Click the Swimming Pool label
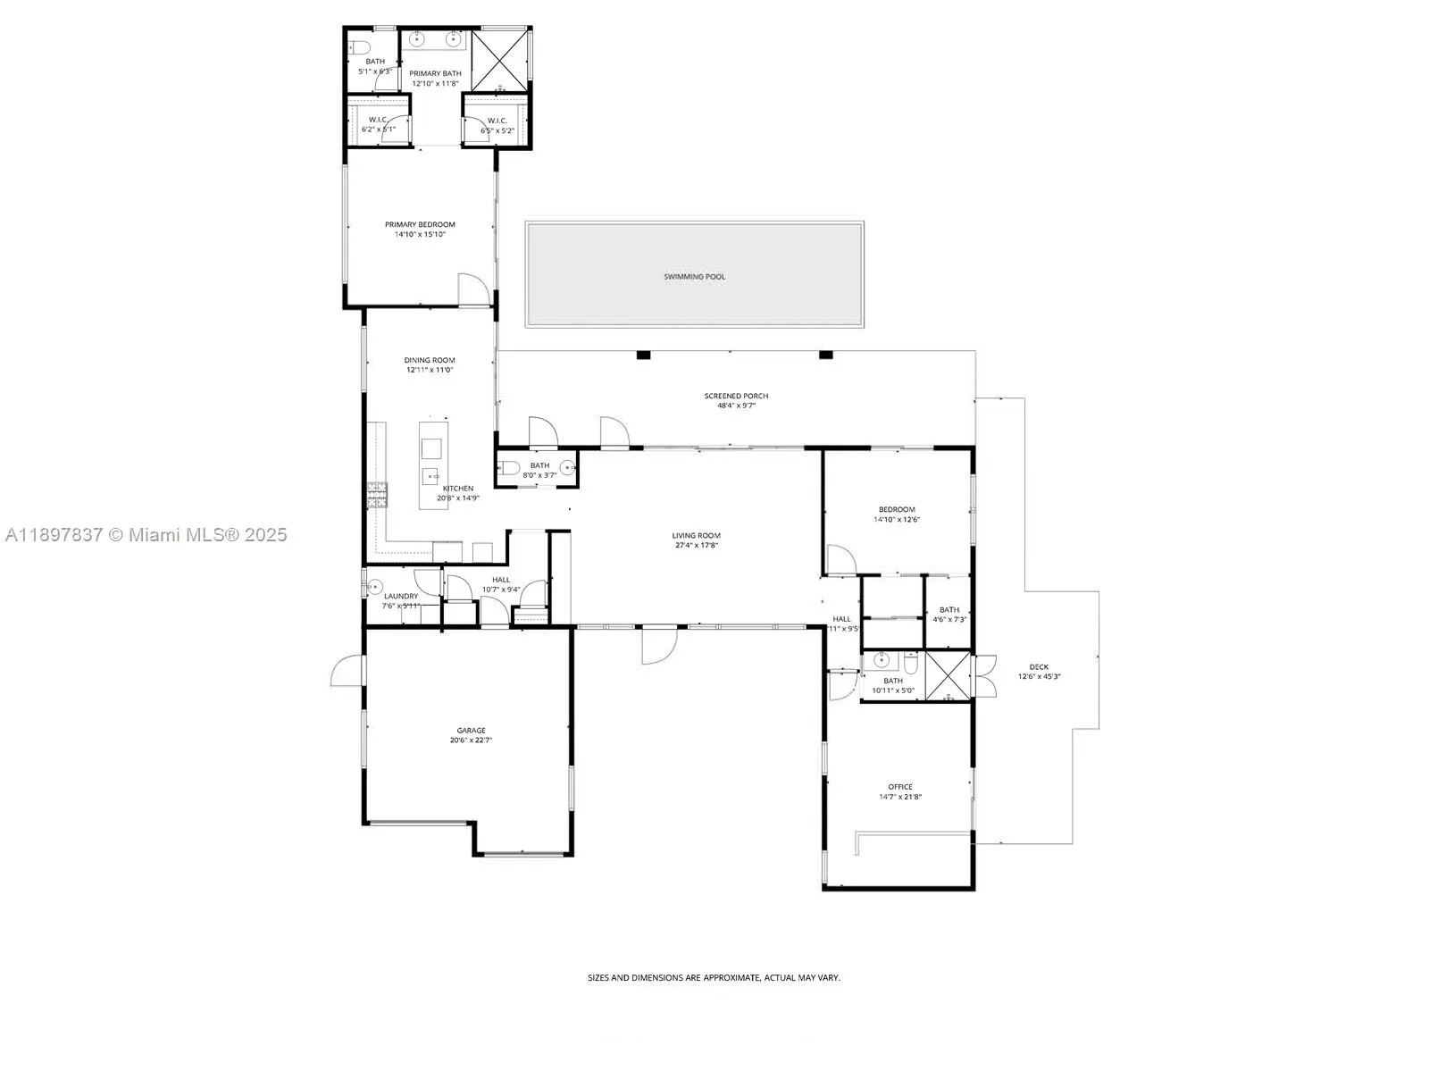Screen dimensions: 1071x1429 (x=694, y=277)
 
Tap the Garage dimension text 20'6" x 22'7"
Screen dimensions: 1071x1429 (x=471, y=740)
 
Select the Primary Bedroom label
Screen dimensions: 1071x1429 (x=420, y=225)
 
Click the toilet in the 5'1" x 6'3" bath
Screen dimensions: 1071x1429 (x=360, y=46)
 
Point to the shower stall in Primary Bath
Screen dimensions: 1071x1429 (x=500, y=61)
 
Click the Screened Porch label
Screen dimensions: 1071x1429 (x=736, y=396)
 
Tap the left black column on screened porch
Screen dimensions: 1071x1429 (x=643, y=356)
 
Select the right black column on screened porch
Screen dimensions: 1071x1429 (x=826, y=356)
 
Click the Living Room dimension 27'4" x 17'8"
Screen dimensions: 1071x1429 (x=696, y=546)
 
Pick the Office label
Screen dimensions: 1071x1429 (x=899, y=787)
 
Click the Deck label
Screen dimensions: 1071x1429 (x=1039, y=666)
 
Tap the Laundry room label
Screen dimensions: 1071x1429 (x=401, y=596)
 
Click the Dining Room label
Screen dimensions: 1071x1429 (x=430, y=361)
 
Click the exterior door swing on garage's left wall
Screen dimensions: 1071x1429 (x=348, y=672)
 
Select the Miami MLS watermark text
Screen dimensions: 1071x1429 (x=146, y=535)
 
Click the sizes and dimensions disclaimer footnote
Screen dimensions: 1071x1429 (x=714, y=978)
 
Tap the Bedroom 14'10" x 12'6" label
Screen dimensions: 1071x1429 (x=897, y=509)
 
